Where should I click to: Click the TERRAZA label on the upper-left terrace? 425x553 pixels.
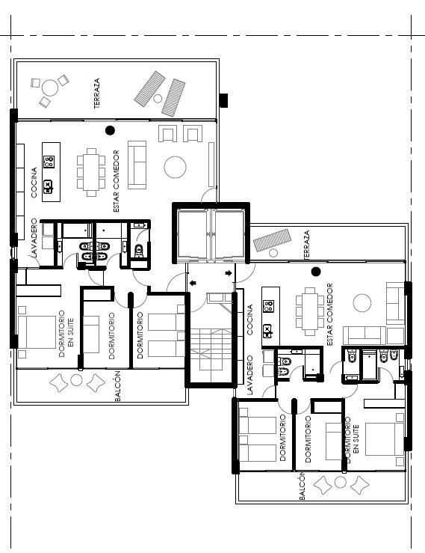[x=97, y=93]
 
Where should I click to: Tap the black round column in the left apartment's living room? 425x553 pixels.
[x=111, y=130]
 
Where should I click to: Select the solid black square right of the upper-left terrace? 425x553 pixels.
[x=223, y=100]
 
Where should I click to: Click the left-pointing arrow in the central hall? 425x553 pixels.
[x=193, y=283]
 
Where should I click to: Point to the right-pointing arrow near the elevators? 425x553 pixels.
[x=229, y=273]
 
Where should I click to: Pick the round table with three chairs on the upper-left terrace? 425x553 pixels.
[x=50, y=88]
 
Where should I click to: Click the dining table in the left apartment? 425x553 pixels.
[x=91, y=172]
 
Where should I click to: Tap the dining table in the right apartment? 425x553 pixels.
[x=310, y=311]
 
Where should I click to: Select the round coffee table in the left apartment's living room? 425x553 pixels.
[x=175, y=167]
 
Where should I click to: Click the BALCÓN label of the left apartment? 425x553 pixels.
[x=118, y=386]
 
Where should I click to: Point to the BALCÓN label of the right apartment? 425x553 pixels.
[x=302, y=486]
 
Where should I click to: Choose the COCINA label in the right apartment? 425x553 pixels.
[x=250, y=320]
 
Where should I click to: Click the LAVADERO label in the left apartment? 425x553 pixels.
[x=34, y=238]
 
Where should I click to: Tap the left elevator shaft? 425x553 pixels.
[x=193, y=233]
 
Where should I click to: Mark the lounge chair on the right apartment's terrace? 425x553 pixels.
[x=273, y=239]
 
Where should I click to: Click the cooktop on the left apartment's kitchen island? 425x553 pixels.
[x=49, y=162]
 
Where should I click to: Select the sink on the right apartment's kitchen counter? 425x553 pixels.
[x=267, y=331]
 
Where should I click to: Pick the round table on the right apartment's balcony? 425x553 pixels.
[x=340, y=482]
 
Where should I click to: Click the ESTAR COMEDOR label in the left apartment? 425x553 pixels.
[x=117, y=181]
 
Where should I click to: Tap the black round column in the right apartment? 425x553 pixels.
[x=316, y=272]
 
